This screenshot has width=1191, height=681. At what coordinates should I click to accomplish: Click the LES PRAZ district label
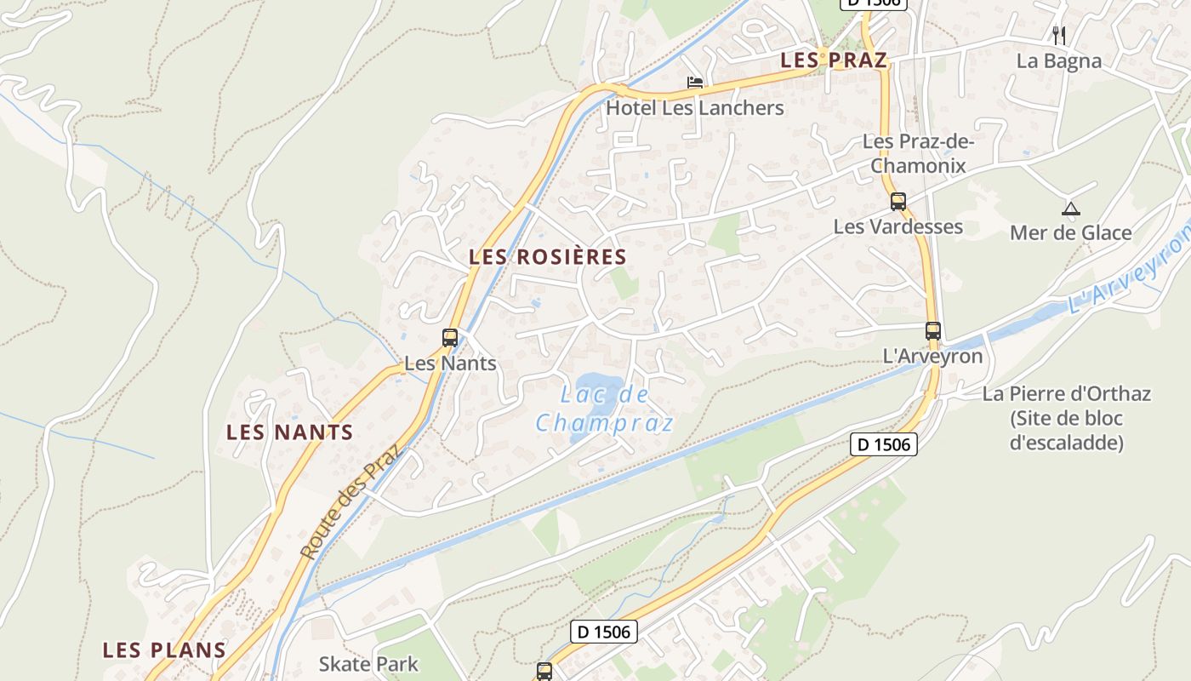pyautogui.click(x=834, y=60)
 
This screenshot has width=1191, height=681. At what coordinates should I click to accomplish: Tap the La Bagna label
pyautogui.click(x=1059, y=61)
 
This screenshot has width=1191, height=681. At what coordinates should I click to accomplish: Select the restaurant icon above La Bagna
pyautogui.click(x=1059, y=35)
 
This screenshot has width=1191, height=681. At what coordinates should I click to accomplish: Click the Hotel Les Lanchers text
pyautogui.click(x=694, y=108)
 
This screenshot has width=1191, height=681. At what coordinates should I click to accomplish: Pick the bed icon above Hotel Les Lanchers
pyautogui.click(x=695, y=83)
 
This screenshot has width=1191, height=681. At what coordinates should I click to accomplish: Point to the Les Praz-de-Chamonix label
pyautogui.click(x=918, y=153)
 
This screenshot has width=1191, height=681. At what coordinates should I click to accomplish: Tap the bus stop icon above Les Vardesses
pyautogui.click(x=898, y=202)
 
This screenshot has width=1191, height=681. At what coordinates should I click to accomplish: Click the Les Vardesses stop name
pyautogui.click(x=898, y=226)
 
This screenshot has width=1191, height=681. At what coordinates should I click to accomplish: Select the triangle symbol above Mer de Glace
pyautogui.click(x=1070, y=208)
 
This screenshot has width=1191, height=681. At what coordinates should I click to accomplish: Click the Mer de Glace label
pyautogui.click(x=1070, y=232)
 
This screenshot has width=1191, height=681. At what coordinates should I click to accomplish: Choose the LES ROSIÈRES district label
pyautogui.click(x=548, y=257)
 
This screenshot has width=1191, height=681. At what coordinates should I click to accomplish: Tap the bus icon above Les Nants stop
pyautogui.click(x=450, y=337)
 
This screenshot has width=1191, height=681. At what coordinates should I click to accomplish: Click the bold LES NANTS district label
pyautogui.click(x=289, y=432)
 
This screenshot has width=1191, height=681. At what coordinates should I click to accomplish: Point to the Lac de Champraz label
pyautogui.click(x=605, y=409)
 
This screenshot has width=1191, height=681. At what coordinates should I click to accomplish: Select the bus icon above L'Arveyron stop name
pyautogui.click(x=933, y=331)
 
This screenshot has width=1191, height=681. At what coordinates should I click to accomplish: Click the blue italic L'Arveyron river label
pyautogui.click(x=1128, y=272)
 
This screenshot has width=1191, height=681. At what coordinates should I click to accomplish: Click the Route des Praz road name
pyautogui.click(x=350, y=503)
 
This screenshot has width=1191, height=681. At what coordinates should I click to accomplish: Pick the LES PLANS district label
pyautogui.click(x=164, y=650)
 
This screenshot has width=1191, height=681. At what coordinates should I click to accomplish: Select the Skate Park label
pyautogui.click(x=368, y=664)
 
